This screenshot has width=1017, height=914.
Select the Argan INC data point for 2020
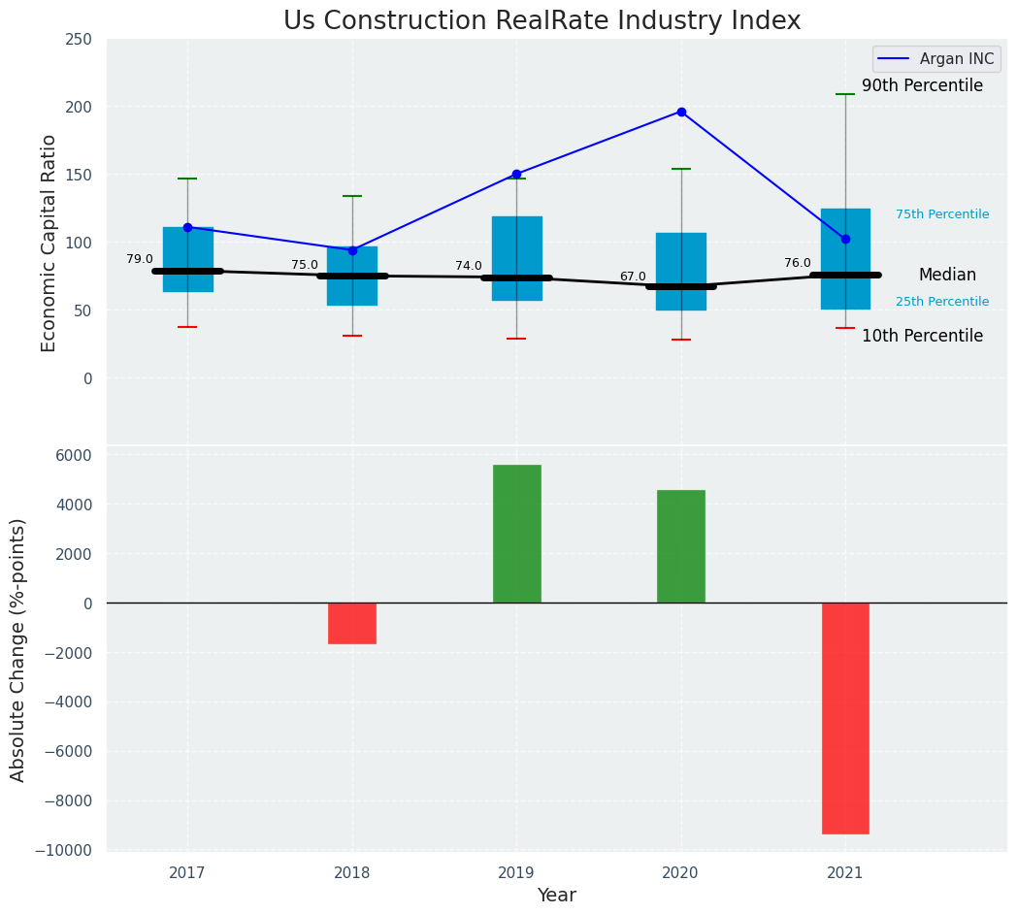point(681,112)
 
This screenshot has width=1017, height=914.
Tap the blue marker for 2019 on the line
point(516,175)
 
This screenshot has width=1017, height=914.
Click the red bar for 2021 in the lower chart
point(845,718)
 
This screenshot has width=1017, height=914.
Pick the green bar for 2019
point(516,534)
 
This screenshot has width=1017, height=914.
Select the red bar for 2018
point(352,623)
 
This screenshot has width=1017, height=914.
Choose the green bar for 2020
point(681,546)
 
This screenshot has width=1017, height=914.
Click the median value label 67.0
point(633,277)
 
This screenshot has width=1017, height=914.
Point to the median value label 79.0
point(140,259)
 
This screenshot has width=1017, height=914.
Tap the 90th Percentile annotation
point(922,85)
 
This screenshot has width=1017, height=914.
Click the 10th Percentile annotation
point(922,336)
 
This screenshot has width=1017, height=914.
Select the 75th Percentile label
point(942,214)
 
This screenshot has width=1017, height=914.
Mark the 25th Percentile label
point(942,302)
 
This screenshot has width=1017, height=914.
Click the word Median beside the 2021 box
point(947,275)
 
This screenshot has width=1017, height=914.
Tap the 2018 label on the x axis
point(352,873)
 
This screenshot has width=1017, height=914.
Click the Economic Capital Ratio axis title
point(49,243)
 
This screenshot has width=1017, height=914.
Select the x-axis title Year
point(557,896)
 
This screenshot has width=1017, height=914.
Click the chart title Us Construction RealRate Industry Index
point(541,20)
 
